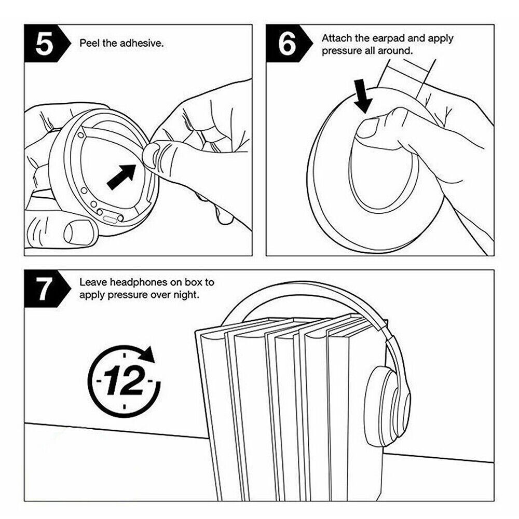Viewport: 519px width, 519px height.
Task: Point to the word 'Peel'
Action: coord(89,43)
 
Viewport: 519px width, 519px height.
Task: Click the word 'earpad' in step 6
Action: coord(388,38)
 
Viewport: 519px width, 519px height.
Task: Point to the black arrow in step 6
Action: coord(363,96)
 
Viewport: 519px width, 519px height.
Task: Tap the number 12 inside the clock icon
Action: coord(124,381)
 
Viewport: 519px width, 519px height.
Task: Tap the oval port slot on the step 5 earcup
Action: coord(110,219)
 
